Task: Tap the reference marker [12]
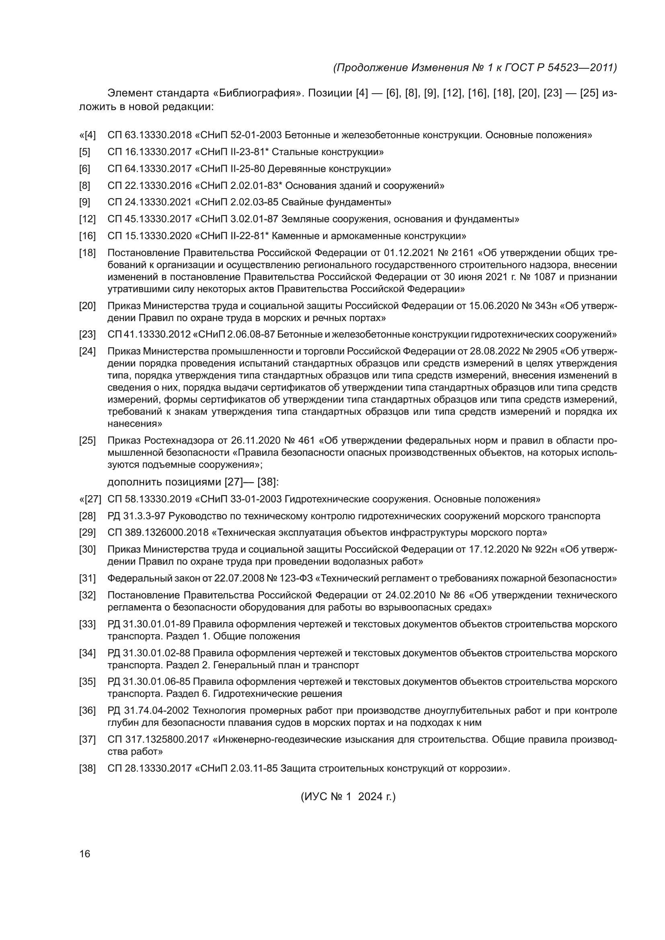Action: click(87, 219)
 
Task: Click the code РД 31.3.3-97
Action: click(137, 516)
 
